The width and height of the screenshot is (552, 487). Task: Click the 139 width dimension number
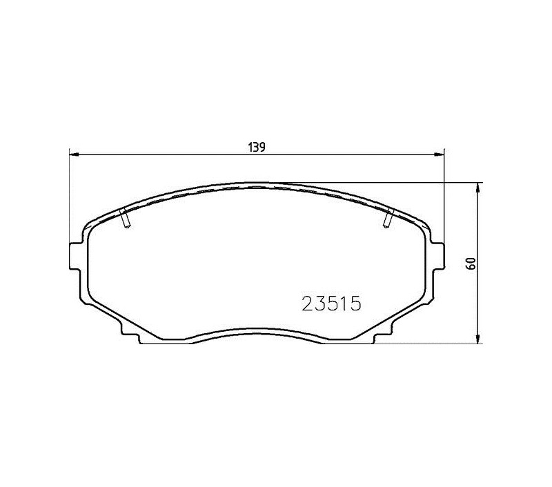click(257, 147)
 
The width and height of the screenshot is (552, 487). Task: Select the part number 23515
click(332, 304)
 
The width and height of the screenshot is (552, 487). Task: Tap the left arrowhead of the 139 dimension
click(74, 154)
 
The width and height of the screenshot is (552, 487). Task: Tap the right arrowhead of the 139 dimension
click(440, 154)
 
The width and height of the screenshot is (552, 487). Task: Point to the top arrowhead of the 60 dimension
click(477, 188)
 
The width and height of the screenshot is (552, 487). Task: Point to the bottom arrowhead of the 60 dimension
click(477, 339)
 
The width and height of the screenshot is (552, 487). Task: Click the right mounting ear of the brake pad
click(439, 256)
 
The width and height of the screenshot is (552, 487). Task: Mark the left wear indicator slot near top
click(125, 218)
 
